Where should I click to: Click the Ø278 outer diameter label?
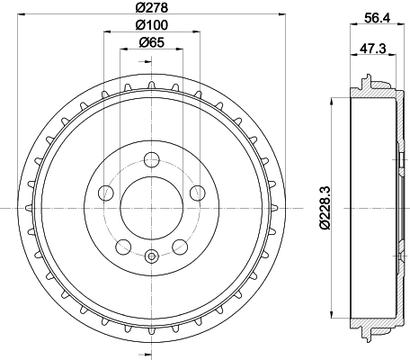pos(150,7)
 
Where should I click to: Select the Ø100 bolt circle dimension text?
pos(150,25)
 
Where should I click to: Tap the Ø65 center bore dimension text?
pos(150,42)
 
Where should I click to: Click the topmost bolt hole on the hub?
pos(150,163)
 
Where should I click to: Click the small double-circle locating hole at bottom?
pos(150,256)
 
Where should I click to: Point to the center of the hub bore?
pos(150,209)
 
